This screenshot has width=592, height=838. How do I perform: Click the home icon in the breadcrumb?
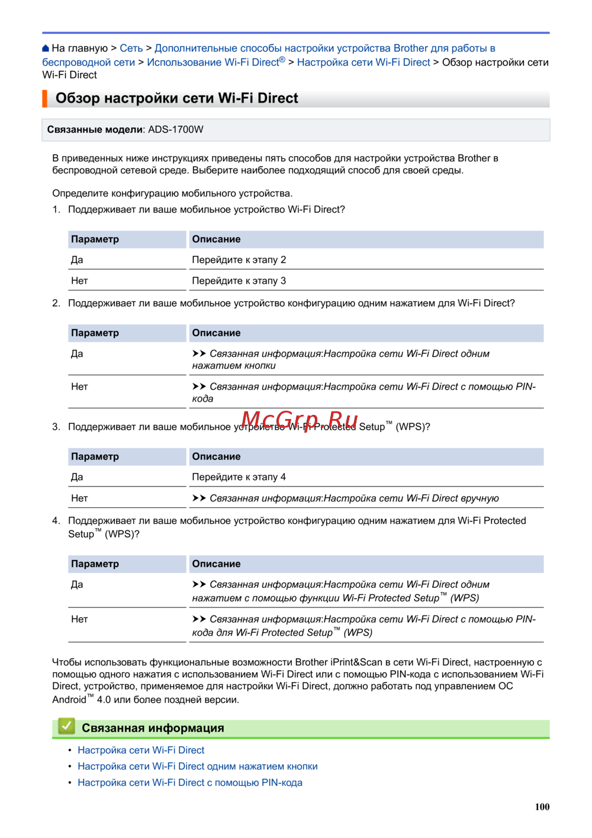coord(46,49)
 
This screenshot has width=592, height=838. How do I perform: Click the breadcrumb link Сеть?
coord(131,49)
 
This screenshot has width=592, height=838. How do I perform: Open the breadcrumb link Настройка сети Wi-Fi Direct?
coord(363,62)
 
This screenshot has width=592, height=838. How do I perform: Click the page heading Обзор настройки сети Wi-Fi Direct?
coord(176,98)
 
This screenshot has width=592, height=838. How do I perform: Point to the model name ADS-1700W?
coord(176,130)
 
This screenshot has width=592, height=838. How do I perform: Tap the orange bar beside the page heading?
coord(44,98)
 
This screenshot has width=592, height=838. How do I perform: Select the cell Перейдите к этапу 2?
coord(239,260)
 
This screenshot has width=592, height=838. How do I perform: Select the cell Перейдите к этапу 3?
coord(239,281)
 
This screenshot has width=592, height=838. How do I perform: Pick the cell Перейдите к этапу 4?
coord(239,477)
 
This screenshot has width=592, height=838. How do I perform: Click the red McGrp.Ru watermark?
coord(300,420)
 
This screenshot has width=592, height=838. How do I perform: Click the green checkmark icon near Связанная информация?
coord(66,726)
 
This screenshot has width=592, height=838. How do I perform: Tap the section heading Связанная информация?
coord(153,728)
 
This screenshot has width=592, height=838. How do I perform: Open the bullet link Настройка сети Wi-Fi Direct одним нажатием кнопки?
coord(197,766)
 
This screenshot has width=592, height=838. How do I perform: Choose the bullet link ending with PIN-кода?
coord(189,783)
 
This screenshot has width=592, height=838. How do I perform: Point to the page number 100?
coord(542,807)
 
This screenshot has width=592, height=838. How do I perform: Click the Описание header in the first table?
coord(216,239)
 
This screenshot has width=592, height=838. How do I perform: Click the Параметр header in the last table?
coord(95,564)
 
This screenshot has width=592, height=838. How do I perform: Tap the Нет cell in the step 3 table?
coord(79,498)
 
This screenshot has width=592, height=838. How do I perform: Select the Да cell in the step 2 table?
coord(77,354)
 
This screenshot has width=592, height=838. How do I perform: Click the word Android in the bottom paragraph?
coord(69,700)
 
